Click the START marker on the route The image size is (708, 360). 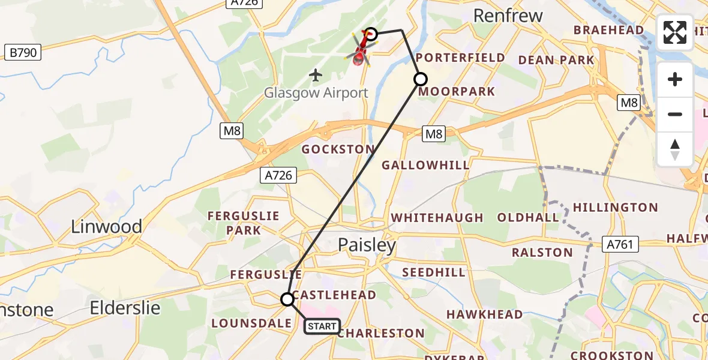coord(322,326)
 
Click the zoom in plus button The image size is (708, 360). coord(675,80)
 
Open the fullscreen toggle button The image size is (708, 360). coord(675,32)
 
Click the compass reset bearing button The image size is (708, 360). coord(675,149)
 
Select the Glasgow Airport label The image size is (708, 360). coord(316,93)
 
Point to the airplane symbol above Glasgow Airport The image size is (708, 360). coord(316,75)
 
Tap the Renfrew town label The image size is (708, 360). coord(508,16)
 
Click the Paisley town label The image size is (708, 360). coord(367,245)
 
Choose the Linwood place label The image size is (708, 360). coord(106,227)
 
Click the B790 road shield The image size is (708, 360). coord(23,53)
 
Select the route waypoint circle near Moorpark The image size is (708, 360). coord(421,79)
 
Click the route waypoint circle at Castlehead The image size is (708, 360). coord(287,299)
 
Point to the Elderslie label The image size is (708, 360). coord(125,308)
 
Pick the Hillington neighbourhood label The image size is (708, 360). coord(615,208)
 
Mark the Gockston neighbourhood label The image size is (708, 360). coord(338,149)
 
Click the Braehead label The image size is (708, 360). coord(608,30)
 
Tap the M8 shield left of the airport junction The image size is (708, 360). coord(231,131)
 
